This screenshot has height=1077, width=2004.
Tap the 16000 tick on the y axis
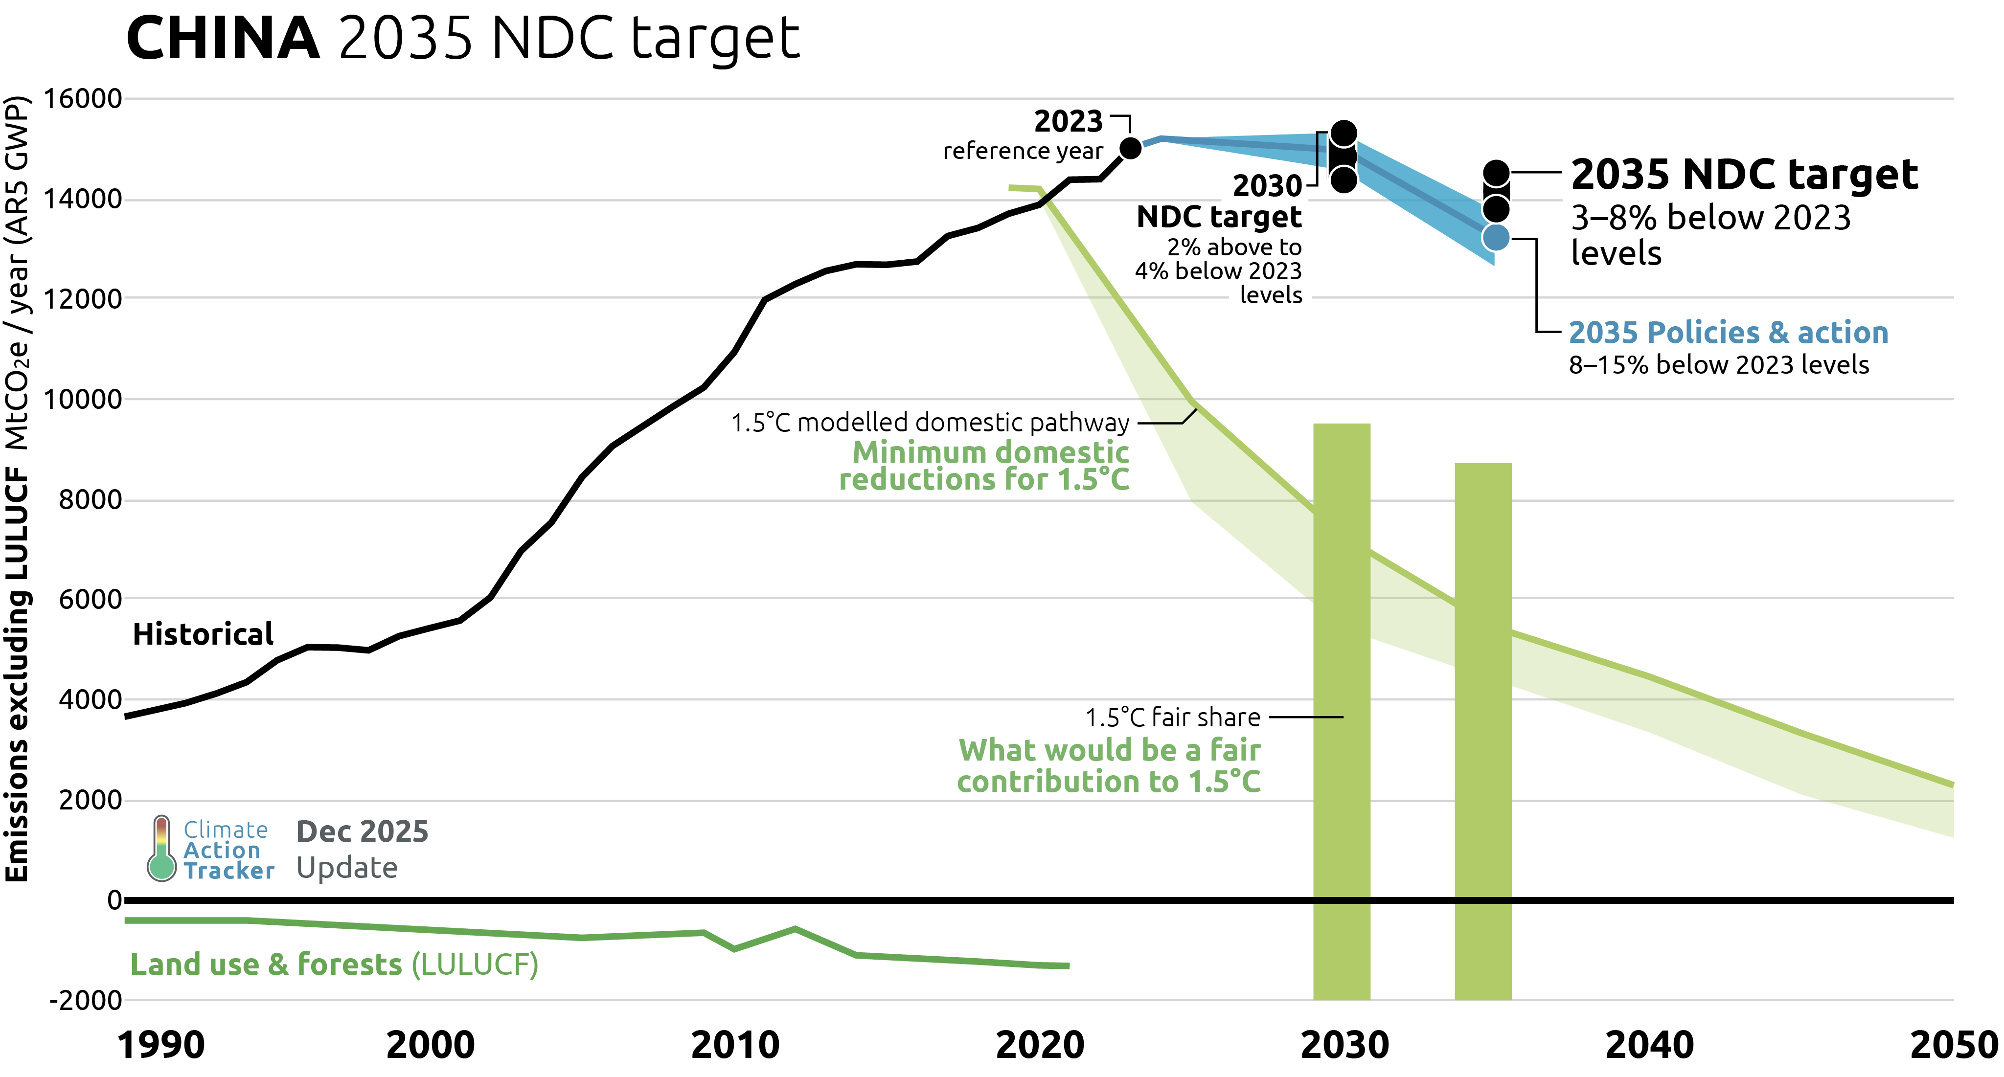(x=83, y=99)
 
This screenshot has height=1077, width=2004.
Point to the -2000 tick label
(x=86, y=1000)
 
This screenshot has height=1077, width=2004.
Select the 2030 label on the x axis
(x=1344, y=1045)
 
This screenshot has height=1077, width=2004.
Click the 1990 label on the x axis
(x=161, y=1045)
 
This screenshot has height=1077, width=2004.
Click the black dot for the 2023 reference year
(x=1130, y=148)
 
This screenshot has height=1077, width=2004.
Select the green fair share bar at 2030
(x=1342, y=700)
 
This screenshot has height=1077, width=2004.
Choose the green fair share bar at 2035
(x=1483, y=723)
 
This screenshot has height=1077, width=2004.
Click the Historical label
(x=203, y=634)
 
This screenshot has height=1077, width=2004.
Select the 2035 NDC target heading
(x=1744, y=174)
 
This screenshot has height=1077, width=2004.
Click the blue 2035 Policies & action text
(x=1728, y=332)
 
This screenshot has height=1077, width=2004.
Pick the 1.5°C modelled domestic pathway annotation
(x=930, y=422)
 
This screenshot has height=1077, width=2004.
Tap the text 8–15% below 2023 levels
(x=1718, y=365)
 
